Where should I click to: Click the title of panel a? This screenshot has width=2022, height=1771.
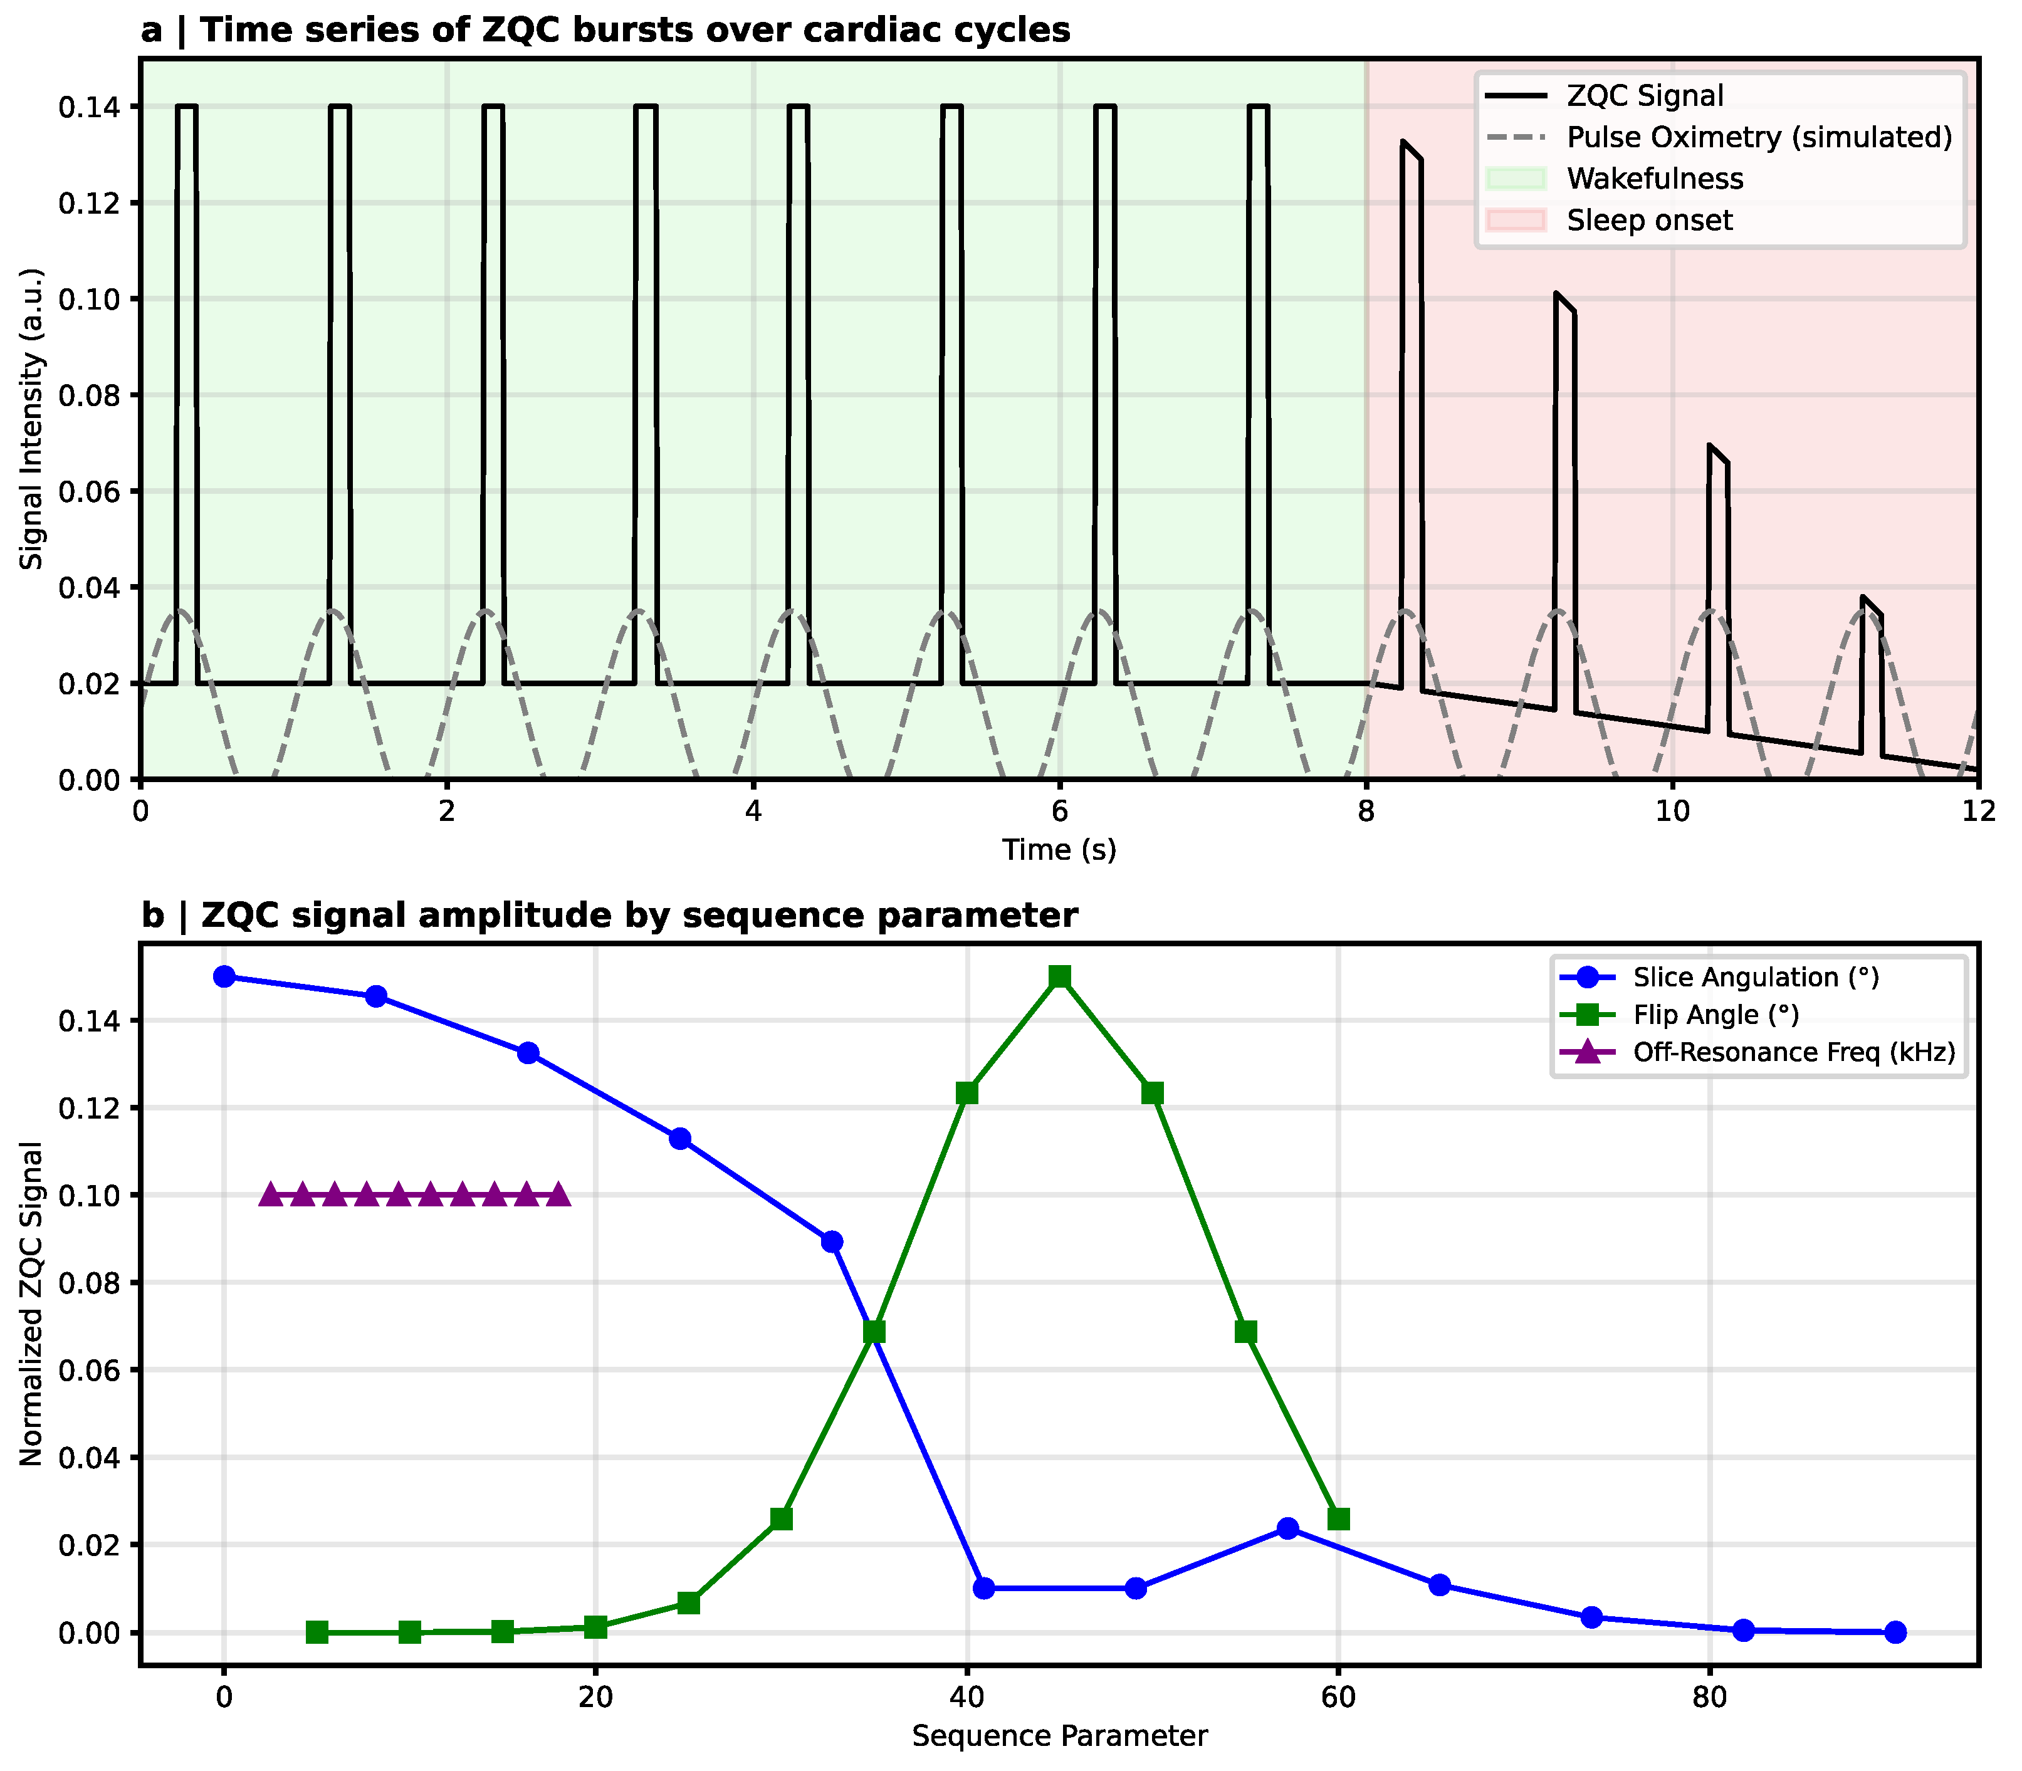point(605,31)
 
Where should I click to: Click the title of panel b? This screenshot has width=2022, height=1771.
point(609,916)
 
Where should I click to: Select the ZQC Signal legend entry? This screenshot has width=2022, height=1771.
point(1645,96)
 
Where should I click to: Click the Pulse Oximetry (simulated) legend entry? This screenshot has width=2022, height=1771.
point(1759,137)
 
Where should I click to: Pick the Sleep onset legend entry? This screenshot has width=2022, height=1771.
point(1648,221)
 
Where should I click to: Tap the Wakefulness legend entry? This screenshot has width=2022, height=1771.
point(1654,179)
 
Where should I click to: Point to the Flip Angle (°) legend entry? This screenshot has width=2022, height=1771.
point(1716,1015)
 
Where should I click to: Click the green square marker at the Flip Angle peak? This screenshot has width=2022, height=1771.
point(1059,976)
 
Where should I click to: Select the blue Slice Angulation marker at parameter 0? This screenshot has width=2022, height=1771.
point(224,976)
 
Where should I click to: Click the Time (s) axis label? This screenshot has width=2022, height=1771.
point(1059,850)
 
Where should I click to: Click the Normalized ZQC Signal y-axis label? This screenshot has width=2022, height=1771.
point(31,1305)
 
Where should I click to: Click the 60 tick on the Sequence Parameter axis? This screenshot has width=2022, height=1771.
point(1338,1698)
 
